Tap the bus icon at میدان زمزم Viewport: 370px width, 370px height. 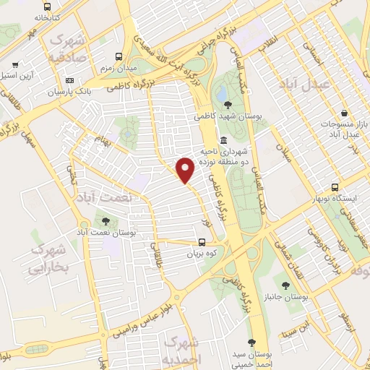120,56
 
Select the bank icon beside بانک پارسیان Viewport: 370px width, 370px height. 70,80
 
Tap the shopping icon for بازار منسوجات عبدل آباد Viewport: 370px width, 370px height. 345,113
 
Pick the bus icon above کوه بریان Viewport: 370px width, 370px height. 202,244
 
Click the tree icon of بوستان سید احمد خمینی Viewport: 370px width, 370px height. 251,343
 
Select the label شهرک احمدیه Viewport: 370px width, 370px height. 184,349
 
